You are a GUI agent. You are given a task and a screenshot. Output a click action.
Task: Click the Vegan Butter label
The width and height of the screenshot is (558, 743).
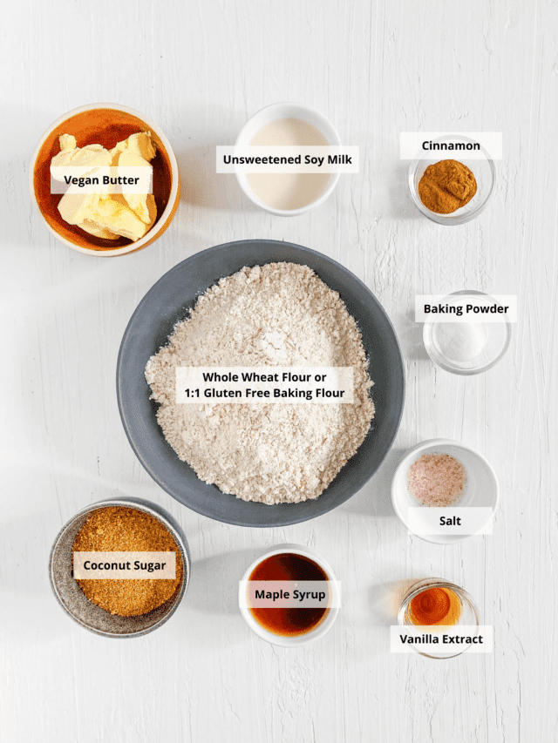click(101, 180)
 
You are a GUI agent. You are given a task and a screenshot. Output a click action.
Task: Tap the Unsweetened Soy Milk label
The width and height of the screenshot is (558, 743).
click(288, 159)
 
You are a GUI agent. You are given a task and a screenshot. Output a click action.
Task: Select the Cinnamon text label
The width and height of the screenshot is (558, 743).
click(451, 145)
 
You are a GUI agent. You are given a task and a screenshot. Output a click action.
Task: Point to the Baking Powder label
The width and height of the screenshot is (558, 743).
click(466, 309)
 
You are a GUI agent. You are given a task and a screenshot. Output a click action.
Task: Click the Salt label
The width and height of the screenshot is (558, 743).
click(450, 521)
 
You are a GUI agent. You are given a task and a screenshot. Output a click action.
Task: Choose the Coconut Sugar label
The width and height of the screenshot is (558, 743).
click(125, 565)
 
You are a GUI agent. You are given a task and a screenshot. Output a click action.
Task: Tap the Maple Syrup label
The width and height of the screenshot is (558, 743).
click(290, 594)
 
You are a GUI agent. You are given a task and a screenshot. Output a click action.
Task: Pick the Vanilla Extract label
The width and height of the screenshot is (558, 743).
click(441, 638)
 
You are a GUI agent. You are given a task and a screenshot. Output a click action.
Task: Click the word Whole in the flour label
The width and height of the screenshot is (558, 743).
click(221, 377)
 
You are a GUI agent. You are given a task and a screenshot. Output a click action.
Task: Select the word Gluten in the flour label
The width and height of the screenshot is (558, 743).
click(222, 394)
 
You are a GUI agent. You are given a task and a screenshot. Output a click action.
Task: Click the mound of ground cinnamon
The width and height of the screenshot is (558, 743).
click(447, 186)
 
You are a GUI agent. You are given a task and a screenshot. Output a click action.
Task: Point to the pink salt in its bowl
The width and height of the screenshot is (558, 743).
click(437, 480)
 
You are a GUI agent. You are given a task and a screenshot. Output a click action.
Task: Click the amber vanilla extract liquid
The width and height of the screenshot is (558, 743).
click(435, 607)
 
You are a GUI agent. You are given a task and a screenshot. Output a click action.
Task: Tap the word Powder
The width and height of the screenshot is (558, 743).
click(488, 309)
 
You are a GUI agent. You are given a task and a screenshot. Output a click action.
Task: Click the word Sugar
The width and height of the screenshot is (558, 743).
click(149, 566)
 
